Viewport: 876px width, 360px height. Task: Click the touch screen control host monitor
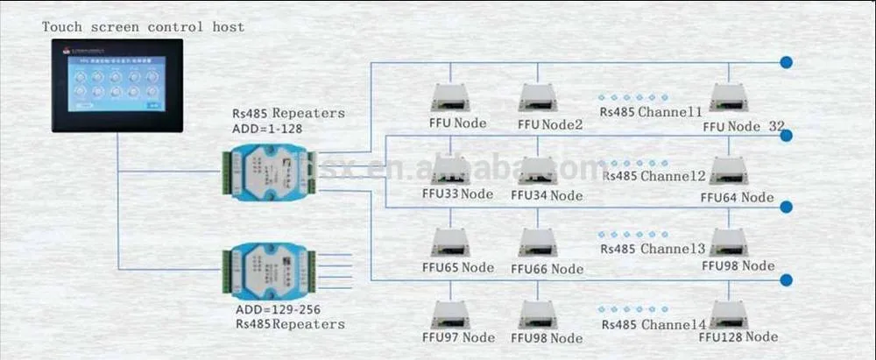(116, 85)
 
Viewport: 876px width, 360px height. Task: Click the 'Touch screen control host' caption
(143, 27)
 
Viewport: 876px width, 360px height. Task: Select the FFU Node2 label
(549, 124)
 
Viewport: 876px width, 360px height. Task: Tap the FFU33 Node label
(457, 194)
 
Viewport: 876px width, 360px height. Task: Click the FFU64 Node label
(737, 197)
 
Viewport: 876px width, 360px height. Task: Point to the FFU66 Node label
(547, 267)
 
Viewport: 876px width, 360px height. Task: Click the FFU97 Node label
(457, 337)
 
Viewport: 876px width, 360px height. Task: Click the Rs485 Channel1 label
(651, 112)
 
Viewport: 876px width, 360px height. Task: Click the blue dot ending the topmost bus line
(787, 62)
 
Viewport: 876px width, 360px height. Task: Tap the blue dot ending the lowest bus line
(787, 279)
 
